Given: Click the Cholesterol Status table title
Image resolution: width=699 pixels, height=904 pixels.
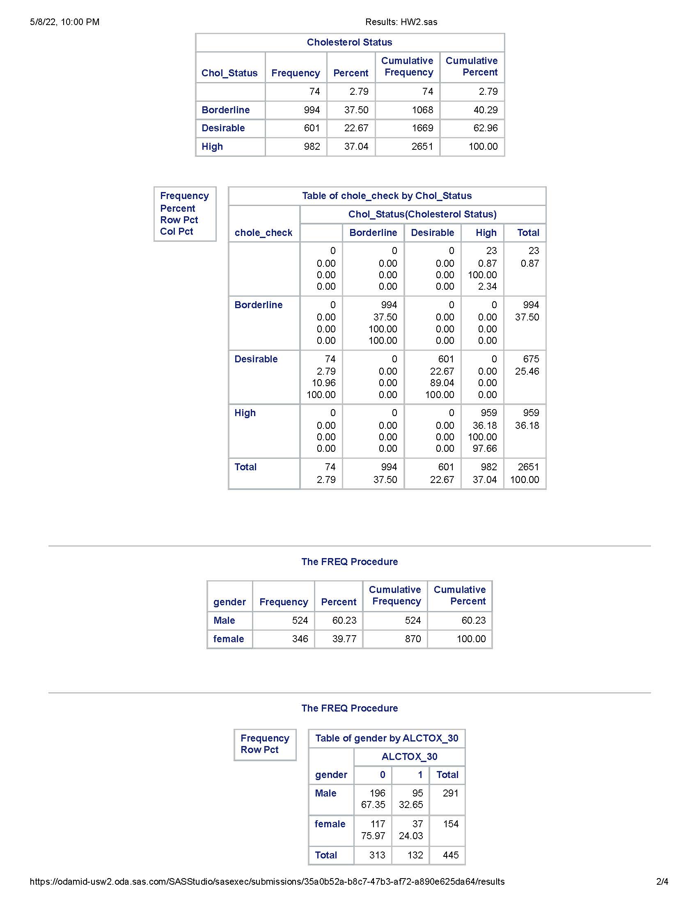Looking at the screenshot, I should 350,42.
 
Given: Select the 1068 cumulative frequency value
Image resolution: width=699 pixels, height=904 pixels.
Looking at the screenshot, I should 422,110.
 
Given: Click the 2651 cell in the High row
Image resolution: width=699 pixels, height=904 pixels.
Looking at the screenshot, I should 422,146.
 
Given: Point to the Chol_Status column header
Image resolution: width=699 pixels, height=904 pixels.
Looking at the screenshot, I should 229,73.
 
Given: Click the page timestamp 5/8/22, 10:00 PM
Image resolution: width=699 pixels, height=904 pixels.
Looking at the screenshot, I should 64,22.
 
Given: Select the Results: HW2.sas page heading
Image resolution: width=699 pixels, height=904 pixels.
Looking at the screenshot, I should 401,22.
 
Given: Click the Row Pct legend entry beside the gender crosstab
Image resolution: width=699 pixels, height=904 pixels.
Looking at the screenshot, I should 260,750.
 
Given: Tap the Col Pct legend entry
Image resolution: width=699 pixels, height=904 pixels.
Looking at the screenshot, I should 177,231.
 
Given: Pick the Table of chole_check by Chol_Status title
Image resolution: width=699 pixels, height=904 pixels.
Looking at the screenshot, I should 387,196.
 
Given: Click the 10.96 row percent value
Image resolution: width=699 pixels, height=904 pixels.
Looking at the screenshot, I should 324,383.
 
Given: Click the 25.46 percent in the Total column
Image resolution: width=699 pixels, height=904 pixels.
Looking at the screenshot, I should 527,371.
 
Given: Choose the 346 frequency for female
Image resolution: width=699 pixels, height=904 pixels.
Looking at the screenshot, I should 300,639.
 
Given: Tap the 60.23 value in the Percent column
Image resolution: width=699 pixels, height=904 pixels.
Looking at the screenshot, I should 344,620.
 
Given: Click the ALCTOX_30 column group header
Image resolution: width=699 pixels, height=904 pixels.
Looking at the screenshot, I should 409,757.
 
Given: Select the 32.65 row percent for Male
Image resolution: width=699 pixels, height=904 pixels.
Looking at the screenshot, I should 411,805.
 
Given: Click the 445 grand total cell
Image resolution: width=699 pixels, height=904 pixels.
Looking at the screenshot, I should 451,855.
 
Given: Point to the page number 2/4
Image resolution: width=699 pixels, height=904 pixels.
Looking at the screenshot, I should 662,882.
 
